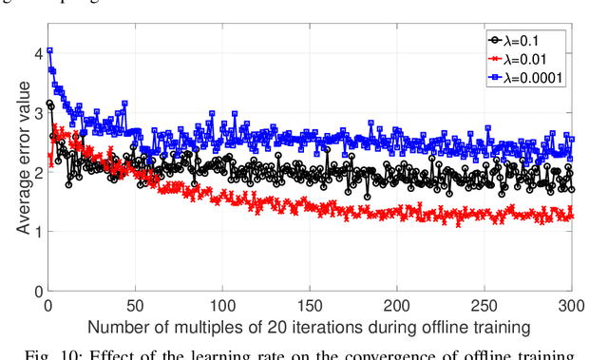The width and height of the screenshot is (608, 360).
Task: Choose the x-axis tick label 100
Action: click(221, 306)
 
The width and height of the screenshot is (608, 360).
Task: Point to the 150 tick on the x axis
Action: click(309, 306)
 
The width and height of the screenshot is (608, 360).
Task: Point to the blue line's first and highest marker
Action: click(49, 50)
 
